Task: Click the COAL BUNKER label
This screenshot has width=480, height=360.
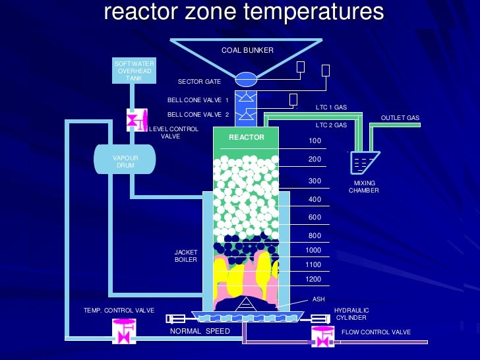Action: click(247, 50)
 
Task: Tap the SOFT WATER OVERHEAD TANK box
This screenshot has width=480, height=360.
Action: click(134, 71)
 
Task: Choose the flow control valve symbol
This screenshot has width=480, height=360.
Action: click(322, 334)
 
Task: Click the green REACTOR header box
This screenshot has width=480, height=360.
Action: click(246, 138)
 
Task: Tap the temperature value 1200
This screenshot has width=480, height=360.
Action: click(313, 279)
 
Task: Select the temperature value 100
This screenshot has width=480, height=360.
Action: click(315, 141)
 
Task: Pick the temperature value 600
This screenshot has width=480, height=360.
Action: click(315, 217)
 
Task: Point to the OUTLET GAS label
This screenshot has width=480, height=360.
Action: click(400, 118)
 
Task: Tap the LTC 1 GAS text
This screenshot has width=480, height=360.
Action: click(331, 107)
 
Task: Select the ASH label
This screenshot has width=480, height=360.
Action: click(318, 299)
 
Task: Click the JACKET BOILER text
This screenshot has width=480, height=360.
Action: click(186, 256)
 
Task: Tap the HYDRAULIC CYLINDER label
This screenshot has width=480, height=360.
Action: click(351, 314)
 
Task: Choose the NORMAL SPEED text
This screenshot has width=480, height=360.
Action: click(200, 331)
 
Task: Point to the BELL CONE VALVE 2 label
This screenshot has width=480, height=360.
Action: click(198, 114)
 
